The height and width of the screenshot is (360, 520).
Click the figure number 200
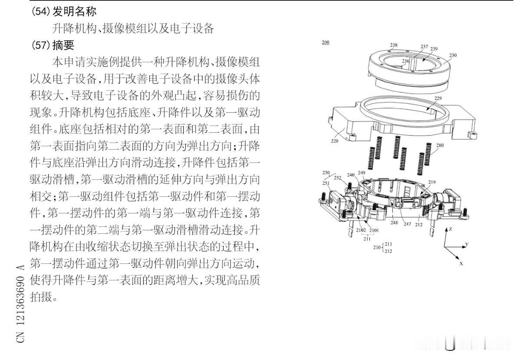coord(325,43)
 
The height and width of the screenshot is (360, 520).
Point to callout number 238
coord(394,45)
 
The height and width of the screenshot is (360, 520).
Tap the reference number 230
coord(453,56)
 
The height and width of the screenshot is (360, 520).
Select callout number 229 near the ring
coord(438,99)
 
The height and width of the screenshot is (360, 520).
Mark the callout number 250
coord(326,173)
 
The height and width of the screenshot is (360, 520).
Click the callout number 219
coord(431,182)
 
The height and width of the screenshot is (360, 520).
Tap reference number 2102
coord(361,230)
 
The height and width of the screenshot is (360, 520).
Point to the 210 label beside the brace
coord(377,248)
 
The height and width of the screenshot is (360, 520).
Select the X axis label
coord(461,263)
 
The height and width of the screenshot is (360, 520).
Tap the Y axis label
coord(467,245)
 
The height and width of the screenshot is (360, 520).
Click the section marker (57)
coord(41,45)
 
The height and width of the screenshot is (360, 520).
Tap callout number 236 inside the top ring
coord(405,62)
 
